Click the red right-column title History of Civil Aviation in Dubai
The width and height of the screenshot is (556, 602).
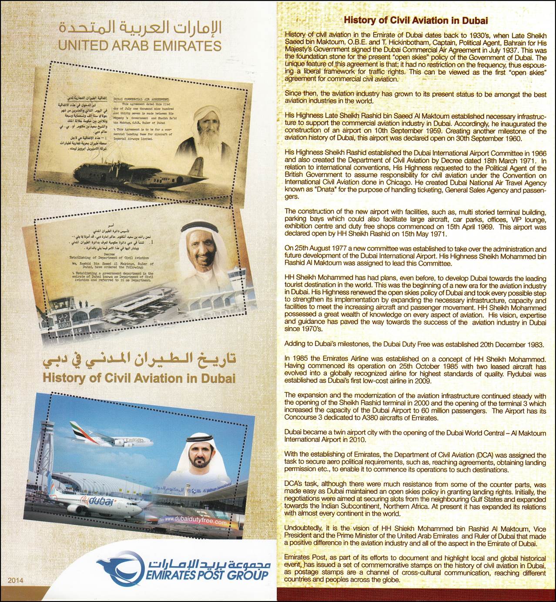[x=415, y=20]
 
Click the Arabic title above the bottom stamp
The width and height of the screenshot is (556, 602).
[x=139, y=360]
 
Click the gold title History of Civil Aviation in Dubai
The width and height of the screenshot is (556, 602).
[x=139, y=377]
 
